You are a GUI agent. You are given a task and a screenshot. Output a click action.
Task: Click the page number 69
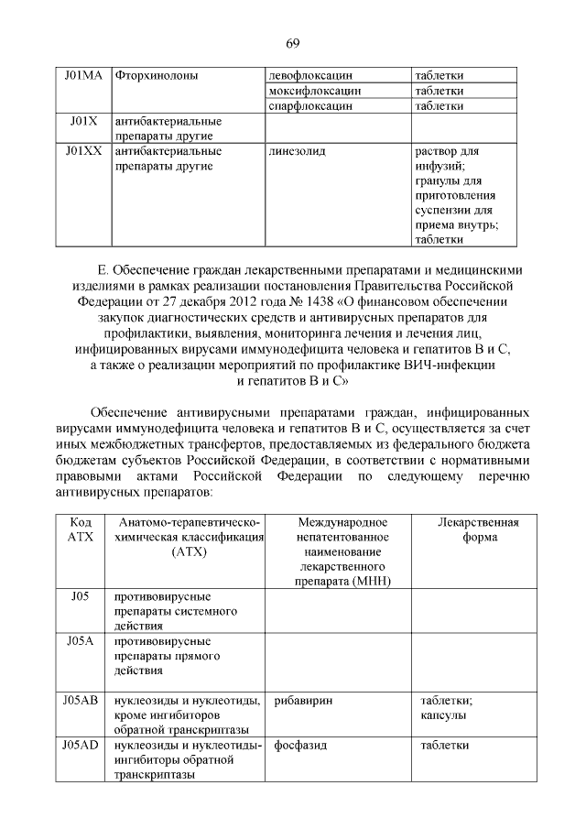293,43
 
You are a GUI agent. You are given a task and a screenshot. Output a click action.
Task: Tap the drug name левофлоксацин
311,74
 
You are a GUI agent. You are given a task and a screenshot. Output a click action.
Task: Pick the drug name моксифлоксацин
315,91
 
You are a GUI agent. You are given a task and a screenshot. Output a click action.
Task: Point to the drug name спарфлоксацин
310,106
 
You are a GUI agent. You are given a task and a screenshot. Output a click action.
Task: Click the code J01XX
82,150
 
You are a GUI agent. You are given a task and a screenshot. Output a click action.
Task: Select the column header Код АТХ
81,530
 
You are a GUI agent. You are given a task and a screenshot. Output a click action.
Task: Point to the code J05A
81,641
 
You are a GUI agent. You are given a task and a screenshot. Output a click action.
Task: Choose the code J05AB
81,701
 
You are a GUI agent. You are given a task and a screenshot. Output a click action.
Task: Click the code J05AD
81,746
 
